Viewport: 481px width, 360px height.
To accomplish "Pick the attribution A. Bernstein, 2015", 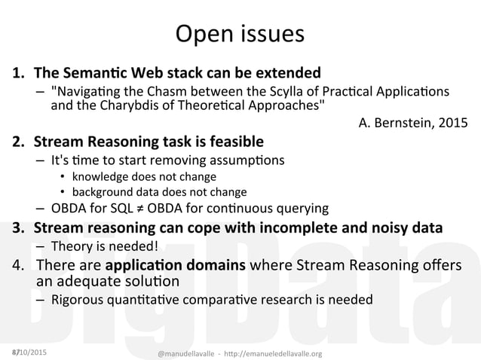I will (x=412, y=122).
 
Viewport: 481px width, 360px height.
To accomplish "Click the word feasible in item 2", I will (x=232, y=141).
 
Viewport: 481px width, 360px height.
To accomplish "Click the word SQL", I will (x=126, y=209).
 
